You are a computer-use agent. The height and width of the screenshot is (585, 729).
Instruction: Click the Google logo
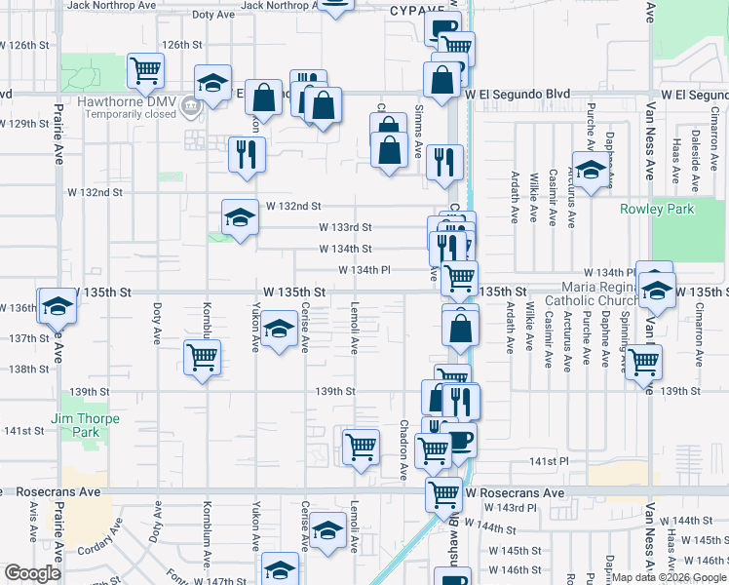[x=31, y=573]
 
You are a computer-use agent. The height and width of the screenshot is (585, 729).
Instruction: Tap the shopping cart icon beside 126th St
[x=145, y=69]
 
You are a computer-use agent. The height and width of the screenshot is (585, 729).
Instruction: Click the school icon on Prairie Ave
[x=57, y=306]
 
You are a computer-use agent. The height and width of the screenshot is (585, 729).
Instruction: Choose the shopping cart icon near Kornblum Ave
[x=202, y=357]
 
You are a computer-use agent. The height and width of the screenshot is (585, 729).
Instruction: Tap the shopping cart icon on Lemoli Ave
[x=361, y=448]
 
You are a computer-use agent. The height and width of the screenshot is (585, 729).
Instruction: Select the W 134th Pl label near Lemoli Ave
[x=364, y=270]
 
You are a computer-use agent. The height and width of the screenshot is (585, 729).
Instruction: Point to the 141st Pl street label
[x=549, y=460]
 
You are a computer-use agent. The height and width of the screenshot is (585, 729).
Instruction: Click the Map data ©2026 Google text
[x=669, y=577]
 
